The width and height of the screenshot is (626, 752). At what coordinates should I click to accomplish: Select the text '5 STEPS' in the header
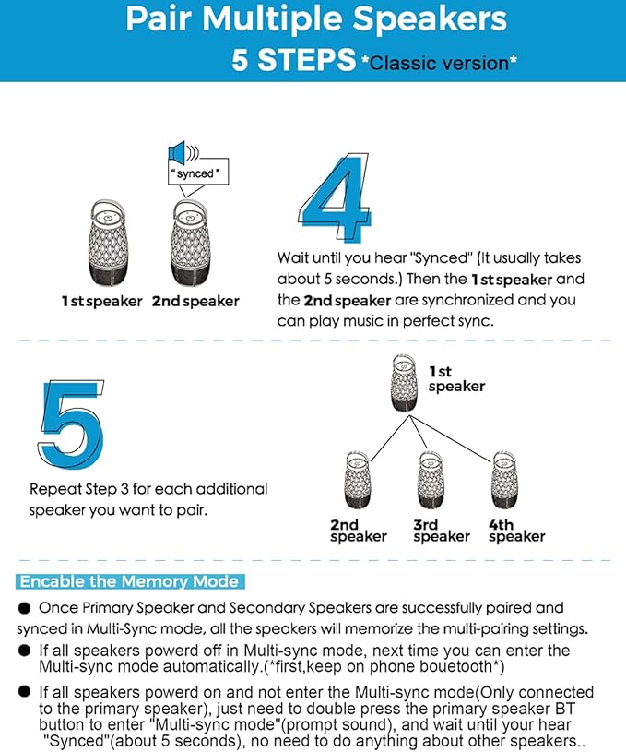tap(293, 61)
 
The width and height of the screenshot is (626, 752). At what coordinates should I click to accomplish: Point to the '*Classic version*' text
tap(438, 63)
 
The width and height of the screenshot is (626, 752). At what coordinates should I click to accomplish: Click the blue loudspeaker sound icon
tap(181, 152)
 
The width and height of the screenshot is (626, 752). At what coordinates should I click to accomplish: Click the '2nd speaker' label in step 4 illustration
tap(195, 301)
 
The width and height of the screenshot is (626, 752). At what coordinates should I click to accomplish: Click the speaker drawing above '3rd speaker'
tap(431, 478)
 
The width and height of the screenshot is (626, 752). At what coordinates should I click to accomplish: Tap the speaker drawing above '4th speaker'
tap(502, 478)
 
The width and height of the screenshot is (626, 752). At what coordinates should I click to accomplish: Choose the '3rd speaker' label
tap(442, 531)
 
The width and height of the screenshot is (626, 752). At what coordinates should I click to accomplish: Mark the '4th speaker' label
tap(516, 531)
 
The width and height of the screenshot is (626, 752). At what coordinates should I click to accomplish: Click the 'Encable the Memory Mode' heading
tap(129, 582)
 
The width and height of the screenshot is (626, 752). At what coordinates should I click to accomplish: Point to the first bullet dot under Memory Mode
tap(25, 609)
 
